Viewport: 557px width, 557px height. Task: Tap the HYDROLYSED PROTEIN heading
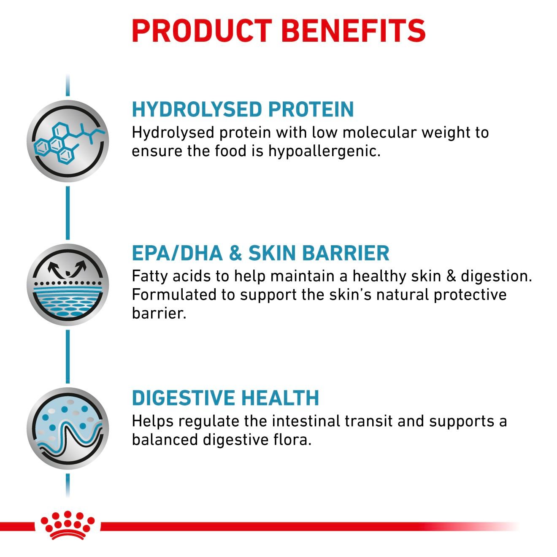(243, 109)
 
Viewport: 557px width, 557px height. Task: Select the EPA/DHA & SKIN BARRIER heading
(260, 253)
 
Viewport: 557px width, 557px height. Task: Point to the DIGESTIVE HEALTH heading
(225, 398)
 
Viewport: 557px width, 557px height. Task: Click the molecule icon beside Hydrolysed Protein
(68, 142)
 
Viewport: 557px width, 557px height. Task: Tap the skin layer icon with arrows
(68, 285)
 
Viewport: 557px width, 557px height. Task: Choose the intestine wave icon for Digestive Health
(68, 428)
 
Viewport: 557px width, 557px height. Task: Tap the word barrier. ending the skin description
(159, 313)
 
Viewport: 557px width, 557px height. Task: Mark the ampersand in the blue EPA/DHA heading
(235, 253)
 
